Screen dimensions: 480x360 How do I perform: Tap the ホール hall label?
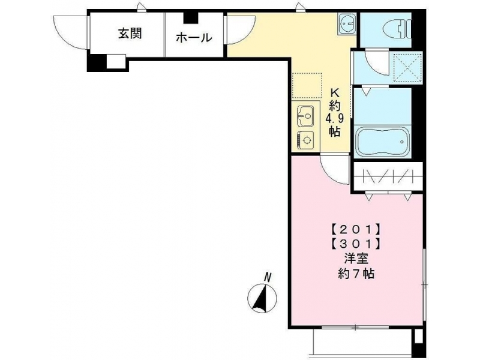[194, 38]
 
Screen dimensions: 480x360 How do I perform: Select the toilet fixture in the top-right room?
[397, 29]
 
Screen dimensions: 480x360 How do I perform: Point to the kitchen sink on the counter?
[305, 116]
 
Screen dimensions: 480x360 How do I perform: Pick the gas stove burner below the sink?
[305, 140]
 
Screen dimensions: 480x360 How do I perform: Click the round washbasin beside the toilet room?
[347, 23]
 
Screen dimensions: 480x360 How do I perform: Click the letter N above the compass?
[268, 277]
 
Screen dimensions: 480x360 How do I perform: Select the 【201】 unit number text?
[356, 229]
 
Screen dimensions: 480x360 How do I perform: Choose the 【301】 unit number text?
[356, 244]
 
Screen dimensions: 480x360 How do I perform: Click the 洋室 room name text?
[356, 259]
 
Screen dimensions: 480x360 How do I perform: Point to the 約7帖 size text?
[356, 274]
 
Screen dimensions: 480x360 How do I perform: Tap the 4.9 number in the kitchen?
[335, 118]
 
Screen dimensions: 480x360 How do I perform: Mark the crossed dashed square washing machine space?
[407, 68]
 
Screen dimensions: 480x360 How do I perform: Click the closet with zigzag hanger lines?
[388, 176]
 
